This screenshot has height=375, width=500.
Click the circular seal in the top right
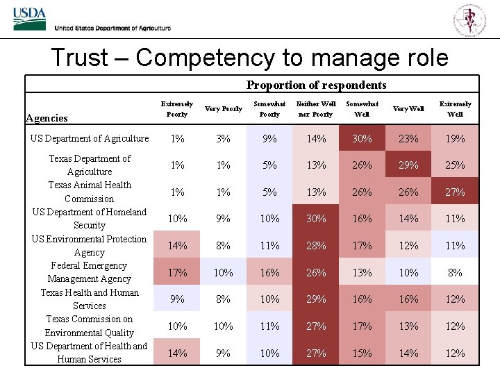(x=470, y=19)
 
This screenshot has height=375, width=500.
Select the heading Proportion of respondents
(x=316, y=85)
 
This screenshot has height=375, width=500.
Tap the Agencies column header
(x=47, y=118)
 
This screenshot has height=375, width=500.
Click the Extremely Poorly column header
(x=177, y=109)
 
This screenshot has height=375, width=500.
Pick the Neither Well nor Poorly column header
(x=316, y=109)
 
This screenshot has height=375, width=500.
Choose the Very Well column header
(x=408, y=109)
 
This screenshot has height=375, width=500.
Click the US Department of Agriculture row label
(x=90, y=138)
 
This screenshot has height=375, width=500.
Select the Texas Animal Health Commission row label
(x=90, y=192)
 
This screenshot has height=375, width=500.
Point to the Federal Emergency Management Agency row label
(x=90, y=272)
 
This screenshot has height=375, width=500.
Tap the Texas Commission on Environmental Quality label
(x=90, y=326)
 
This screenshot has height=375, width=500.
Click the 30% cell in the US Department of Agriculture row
(x=362, y=139)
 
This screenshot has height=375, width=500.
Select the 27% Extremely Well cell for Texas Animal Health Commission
(x=455, y=192)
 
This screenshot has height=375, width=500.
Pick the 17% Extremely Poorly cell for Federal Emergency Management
(x=177, y=273)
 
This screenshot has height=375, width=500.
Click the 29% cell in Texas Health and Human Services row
(x=316, y=299)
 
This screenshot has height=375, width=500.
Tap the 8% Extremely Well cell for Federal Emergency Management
(x=455, y=273)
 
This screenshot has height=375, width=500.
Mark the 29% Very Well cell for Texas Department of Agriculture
(x=408, y=165)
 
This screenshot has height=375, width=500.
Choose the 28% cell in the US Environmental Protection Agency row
(x=316, y=246)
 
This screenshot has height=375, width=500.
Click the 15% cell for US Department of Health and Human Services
(x=362, y=353)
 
